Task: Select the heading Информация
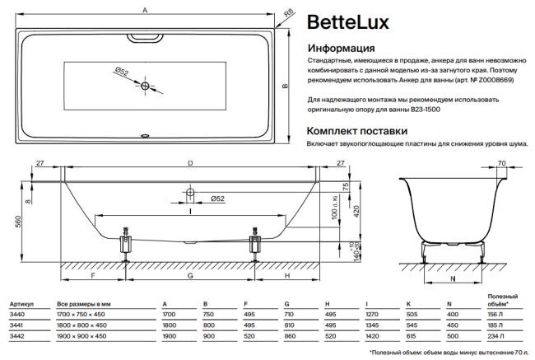[x=340, y=49]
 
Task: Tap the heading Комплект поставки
[x=356, y=130]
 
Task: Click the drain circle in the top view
[x=146, y=86]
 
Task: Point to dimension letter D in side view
[x=191, y=164]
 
